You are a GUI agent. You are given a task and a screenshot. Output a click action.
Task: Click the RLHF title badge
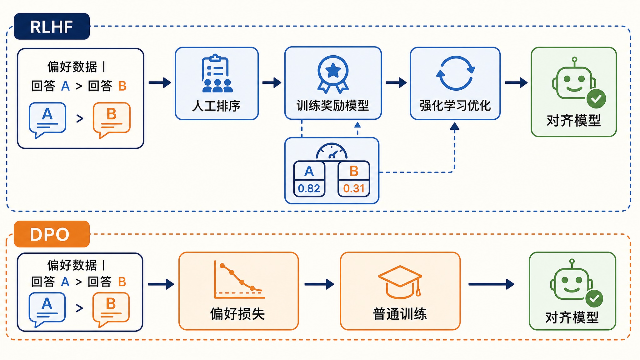52,26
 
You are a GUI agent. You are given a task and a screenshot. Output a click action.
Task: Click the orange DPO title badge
52,234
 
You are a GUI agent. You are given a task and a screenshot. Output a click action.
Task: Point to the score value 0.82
309,188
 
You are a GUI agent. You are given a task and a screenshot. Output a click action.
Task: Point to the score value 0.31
354,188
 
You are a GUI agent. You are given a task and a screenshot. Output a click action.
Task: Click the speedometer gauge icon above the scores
332,151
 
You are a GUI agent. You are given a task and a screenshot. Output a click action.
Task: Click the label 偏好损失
237,314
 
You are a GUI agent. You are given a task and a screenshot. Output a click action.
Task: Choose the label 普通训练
400,314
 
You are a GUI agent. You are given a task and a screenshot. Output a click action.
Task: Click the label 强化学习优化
455,106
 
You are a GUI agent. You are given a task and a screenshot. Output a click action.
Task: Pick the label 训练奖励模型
333,106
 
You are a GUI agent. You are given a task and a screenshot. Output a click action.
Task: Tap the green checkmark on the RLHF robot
596,99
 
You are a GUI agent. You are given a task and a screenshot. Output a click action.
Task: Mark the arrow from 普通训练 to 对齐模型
491,284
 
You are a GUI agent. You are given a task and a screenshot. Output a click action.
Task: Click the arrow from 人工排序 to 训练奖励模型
272,83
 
